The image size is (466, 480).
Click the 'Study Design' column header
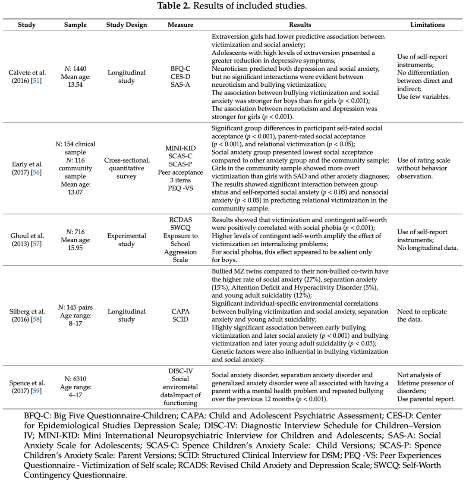click(126, 25)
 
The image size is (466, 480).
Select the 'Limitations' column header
click(427, 25)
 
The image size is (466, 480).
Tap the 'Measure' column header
click(180, 25)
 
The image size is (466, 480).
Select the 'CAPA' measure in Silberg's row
click(180, 311)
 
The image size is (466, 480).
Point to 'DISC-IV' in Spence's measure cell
click(180, 371)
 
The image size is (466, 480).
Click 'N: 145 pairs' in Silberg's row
click(75, 307)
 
